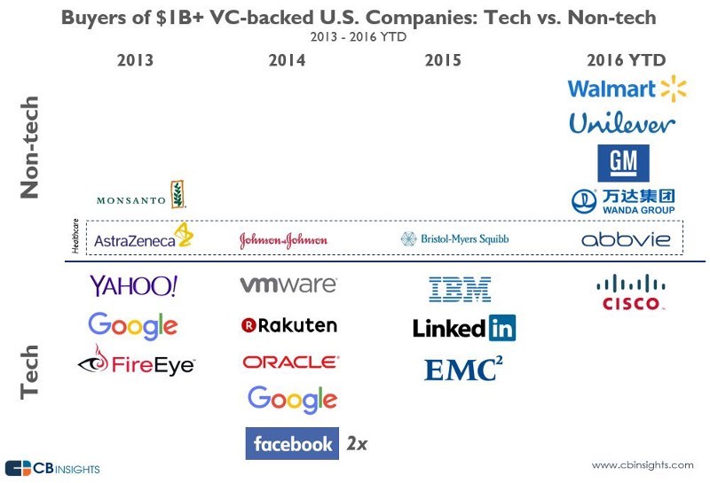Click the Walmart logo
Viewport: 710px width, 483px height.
click(x=627, y=89)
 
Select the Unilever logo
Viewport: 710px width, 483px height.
click(x=622, y=123)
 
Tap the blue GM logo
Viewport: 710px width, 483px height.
click(x=622, y=163)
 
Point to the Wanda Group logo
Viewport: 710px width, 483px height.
click(x=622, y=201)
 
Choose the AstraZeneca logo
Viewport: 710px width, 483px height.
click(x=143, y=238)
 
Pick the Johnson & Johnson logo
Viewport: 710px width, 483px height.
click(x=283, y=240)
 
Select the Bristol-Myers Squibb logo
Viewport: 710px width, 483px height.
click(x=454, y=239)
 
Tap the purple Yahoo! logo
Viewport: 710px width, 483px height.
click(x=134, y=285)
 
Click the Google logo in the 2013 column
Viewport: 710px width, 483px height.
click(x=132, y=325)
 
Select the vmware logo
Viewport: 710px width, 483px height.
click(x=288, y=285)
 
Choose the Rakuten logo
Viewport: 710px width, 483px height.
click(x=289, y=325)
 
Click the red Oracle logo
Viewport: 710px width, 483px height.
click(x=290, y=362)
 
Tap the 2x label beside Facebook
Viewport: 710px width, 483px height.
click(x=356, y=443)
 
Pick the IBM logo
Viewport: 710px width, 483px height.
click(x=460, y=288)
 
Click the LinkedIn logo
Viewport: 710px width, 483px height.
click(x=464, y=328)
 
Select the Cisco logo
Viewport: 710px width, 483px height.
click(x=630, y=292)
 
